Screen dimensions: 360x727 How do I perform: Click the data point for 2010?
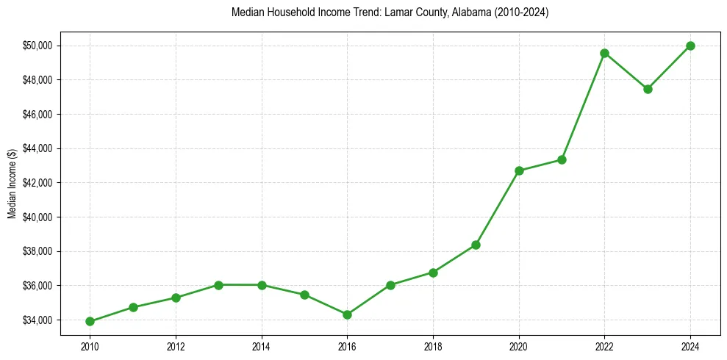90,321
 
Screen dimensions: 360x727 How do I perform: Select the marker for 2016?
347,314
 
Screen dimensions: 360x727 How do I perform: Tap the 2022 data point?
604,53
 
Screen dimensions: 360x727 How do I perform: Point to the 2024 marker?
690,46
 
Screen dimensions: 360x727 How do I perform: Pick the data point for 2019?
476,245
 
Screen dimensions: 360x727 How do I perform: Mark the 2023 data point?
648,89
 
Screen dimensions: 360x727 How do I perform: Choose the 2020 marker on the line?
519,170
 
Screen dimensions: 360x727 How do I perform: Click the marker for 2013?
218,284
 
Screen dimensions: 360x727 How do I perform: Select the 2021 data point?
562,159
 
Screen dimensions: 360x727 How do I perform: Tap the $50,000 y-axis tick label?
37,46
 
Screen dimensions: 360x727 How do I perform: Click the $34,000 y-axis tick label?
37,320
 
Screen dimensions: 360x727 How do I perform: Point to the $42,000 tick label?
37,183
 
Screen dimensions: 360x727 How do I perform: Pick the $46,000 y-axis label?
37,115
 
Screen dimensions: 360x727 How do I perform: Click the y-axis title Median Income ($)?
12,183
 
